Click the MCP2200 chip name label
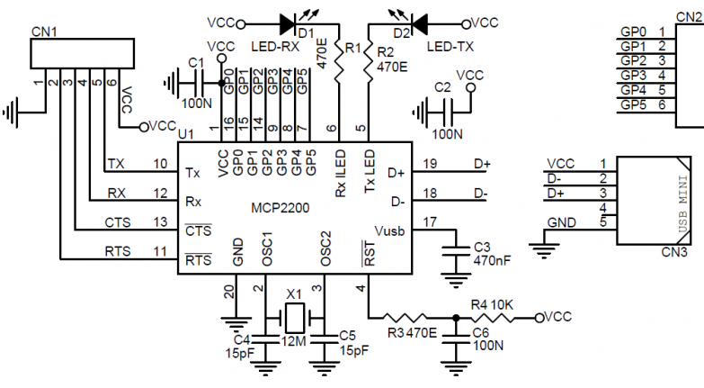280,208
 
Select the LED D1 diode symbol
287,23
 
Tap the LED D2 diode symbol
419,23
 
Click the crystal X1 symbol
295,318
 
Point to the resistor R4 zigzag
493,318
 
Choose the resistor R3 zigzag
404,318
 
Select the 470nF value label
492,260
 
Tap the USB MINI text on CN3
683,204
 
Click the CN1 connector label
44,32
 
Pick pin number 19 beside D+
430,164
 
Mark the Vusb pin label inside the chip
389,231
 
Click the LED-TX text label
450,46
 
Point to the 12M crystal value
294,341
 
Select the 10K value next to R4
502,305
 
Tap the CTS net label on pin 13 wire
118,222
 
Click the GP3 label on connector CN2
633,75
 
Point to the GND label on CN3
561,222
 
